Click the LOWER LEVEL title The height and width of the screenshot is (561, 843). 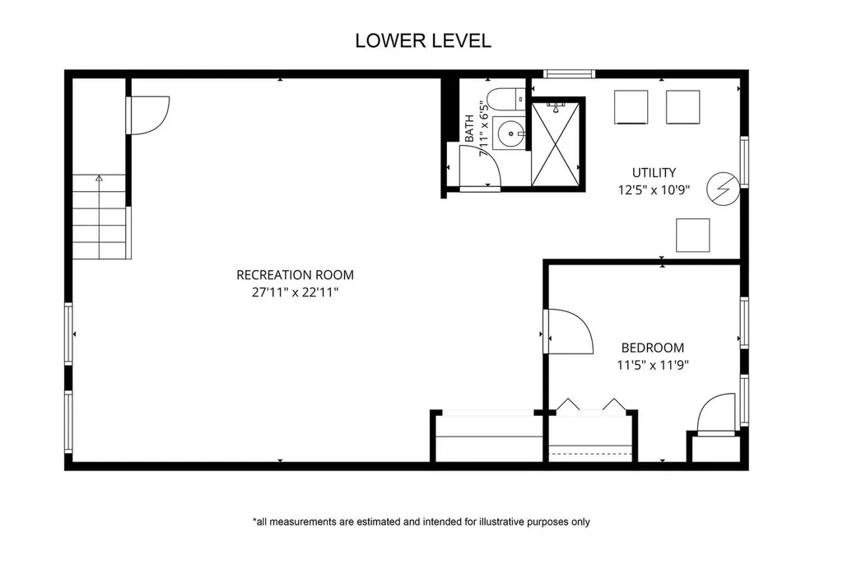(423, 41)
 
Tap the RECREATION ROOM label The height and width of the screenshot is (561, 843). (296, 275)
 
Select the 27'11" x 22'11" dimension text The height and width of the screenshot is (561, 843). (296, 292)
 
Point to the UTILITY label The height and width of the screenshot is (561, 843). (654, 173)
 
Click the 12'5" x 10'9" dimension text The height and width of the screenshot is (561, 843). (654, 189)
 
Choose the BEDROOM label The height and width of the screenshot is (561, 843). (653, 348)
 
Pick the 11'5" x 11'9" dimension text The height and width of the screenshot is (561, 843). (653, 365)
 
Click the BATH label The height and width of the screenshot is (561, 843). (469, 129)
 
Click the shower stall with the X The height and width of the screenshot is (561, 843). (556, 144)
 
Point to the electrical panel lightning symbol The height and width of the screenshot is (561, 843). (723, 189)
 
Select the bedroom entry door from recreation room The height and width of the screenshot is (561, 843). (568, 331)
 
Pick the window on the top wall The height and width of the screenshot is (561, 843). (569, 74)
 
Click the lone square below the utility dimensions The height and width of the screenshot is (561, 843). (693, 235)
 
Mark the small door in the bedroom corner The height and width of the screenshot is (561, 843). (716, 413)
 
